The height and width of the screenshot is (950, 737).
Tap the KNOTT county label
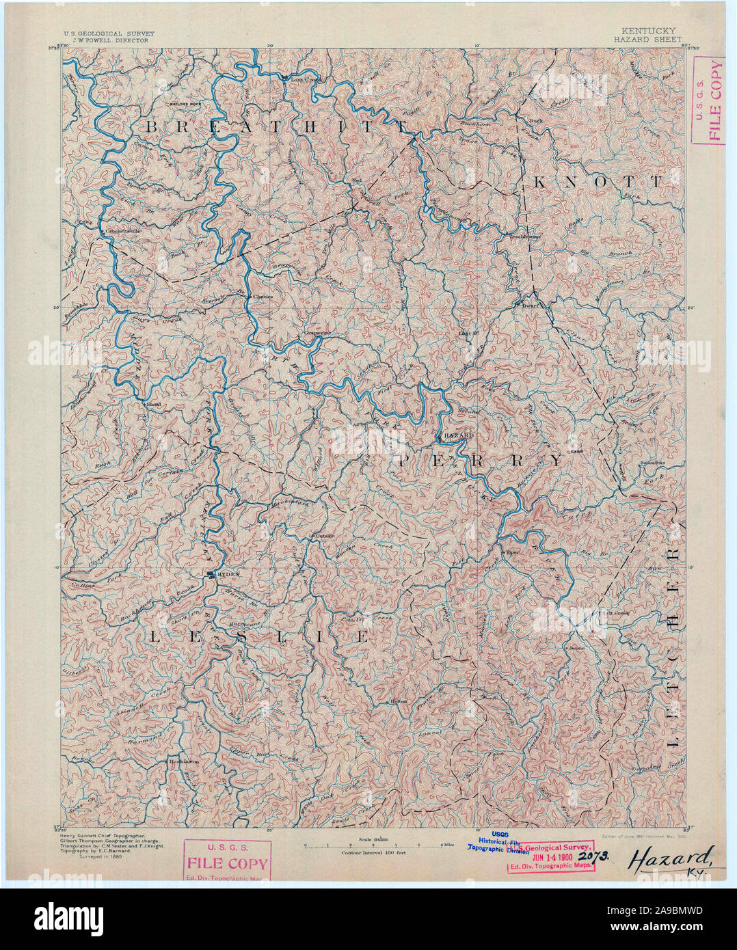pyautogui.click(x=597, y=182)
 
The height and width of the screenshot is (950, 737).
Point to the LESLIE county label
pyautogui.click(x=258, y=637)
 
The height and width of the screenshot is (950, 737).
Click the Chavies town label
pyautogui.click(x=263, y=297)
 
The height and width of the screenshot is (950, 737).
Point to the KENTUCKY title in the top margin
pyautogui.click(x=648, y=31)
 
